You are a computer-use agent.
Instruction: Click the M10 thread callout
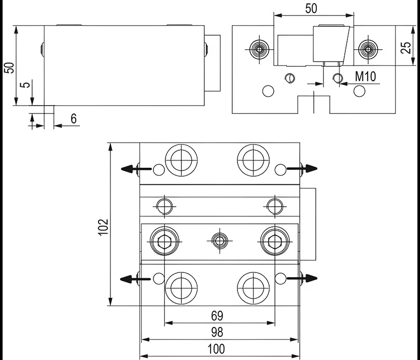coord(365,77)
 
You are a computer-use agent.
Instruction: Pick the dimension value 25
coord(407,48)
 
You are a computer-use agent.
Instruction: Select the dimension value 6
coord(74,119)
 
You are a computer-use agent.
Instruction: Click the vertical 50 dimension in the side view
coord(9,67)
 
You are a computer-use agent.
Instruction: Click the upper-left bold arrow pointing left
coord(130,168)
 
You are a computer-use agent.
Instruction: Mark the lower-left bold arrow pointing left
coord(130,279)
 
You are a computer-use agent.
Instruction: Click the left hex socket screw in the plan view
coord(164,240)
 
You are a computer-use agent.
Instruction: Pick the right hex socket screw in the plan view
coord(273,240)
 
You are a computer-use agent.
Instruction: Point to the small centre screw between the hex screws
coord(218,240)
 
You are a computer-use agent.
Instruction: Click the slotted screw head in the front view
coord(290,78)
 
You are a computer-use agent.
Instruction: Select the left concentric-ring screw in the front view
coord(258,50)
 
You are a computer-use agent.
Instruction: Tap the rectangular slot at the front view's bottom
coord(314,104)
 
